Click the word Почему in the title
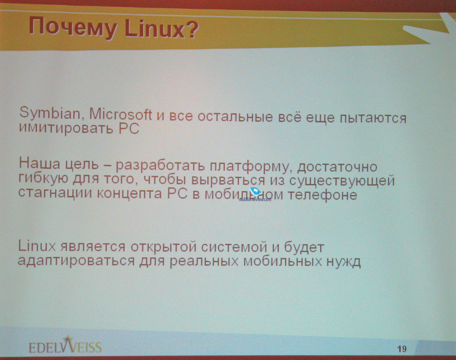[x=73, y=28]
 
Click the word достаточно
[x=338, y=167]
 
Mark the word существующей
[x=342, y=181]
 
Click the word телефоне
[x=322, y=194]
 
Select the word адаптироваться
[x=76, y=261]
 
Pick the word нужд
[x=343, y=262]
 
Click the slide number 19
[x=402, y=349]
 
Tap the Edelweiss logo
[x=65, y=345]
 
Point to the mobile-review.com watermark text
[x=255, y=199]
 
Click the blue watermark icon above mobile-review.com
[x=255, y=191]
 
